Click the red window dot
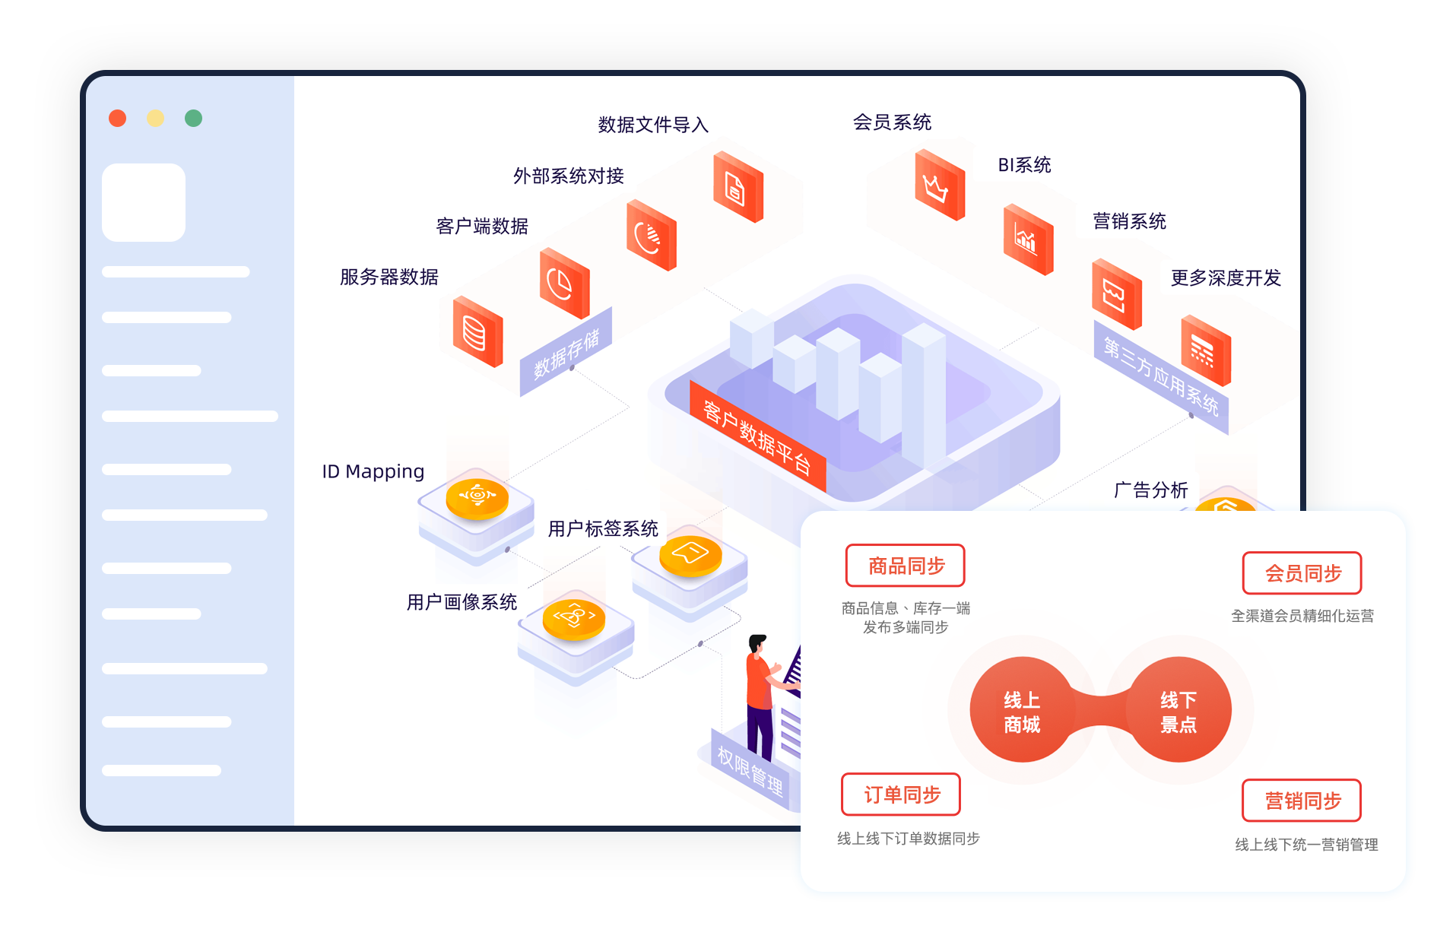117,118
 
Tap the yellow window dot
155,118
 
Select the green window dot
193,118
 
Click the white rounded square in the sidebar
144,202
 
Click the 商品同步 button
905,566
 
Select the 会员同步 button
1302,573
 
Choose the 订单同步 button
901,794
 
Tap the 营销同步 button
1302,801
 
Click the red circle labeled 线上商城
1022,710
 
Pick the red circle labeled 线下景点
1178,710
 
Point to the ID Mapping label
373,471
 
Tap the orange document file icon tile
738,187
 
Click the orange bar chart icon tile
1028,239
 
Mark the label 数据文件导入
653,125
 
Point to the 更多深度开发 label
1226,278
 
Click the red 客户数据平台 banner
757,436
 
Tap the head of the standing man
757,643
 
